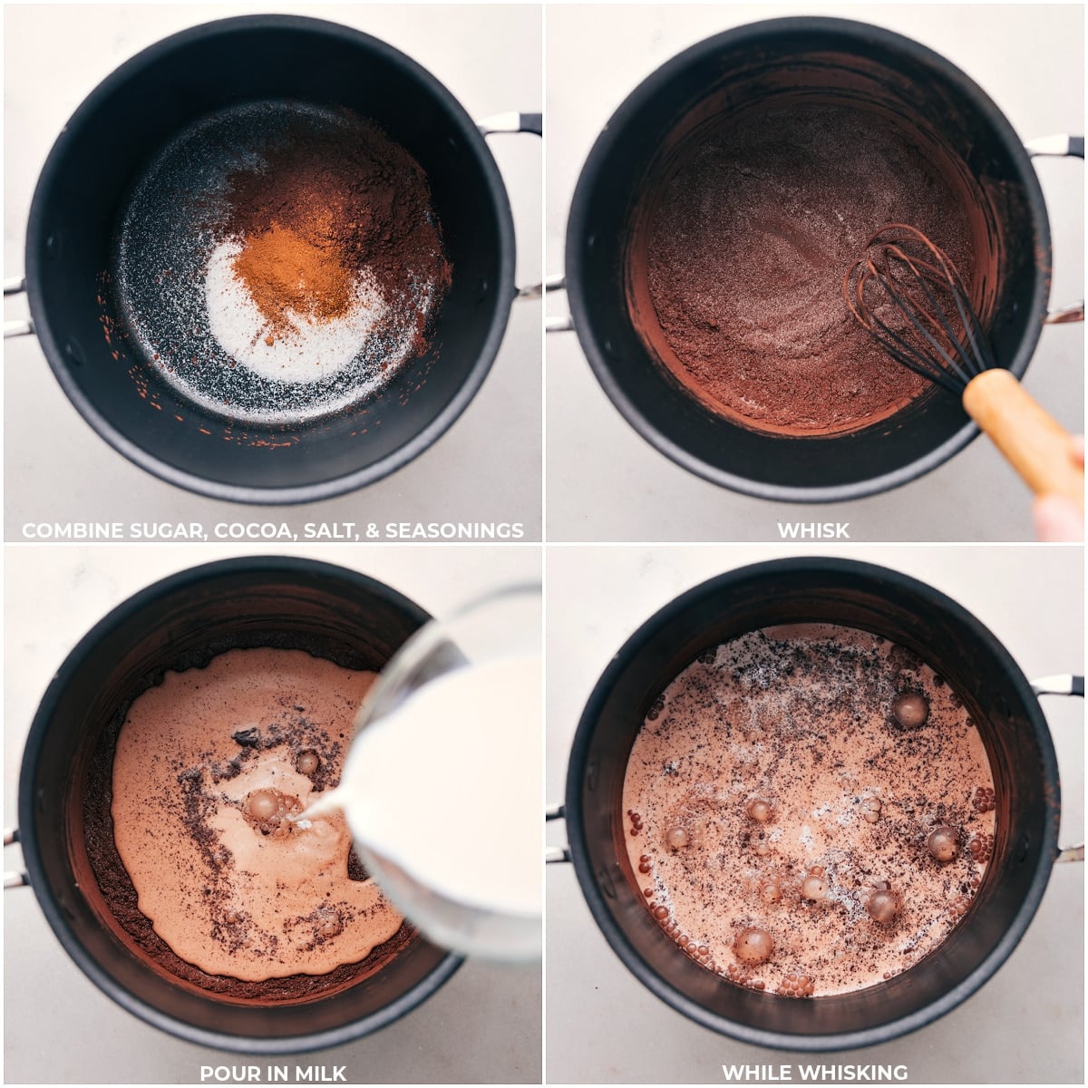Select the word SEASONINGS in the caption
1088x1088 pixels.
click(453, 530)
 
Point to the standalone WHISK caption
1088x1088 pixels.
click(813, 530)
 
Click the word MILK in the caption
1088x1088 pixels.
click(318, 1073)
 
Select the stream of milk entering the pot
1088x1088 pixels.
click(322, 802)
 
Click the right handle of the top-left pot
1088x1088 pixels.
click(512, 122)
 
